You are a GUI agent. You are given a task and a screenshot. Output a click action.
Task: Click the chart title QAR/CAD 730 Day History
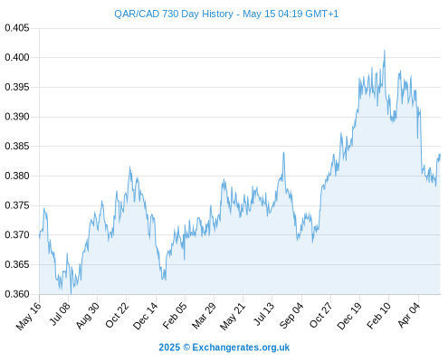(174, 14)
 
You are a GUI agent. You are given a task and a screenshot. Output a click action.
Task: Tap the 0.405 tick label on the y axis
(17, 28)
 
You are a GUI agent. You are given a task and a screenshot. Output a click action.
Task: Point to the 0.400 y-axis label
(17, 57)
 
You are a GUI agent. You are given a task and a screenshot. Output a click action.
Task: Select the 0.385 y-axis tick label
(17, 147)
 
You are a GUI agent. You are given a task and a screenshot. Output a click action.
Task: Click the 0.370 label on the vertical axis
(17, 234)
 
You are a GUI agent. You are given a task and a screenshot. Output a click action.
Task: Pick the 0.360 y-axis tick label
(17, 294)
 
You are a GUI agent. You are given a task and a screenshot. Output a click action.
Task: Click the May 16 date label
(29, 316)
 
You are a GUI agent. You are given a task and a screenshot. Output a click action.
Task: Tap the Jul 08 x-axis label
(60, 314)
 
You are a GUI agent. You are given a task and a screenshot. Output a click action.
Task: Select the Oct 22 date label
(117, 315)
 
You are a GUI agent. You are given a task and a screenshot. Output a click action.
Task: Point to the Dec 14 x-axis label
(146, 316)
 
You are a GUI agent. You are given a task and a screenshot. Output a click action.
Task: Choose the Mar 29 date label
(204, 316)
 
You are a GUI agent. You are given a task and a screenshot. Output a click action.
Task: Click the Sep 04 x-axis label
(291, 316)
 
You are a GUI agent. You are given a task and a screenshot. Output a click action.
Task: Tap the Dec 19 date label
(349, 316)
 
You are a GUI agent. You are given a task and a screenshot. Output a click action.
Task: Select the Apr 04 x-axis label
(409, 315)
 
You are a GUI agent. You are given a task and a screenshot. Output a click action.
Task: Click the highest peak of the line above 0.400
(385, 51)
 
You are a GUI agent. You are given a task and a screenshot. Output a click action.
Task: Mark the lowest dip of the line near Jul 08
(71, 293)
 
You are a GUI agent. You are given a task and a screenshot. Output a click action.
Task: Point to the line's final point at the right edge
(440, 155)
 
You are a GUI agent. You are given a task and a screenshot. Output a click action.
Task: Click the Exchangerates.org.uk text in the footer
(241, 348)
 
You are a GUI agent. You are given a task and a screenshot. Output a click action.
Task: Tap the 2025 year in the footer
(169, 348)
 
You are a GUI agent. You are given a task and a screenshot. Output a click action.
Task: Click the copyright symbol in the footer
(186, 348)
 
